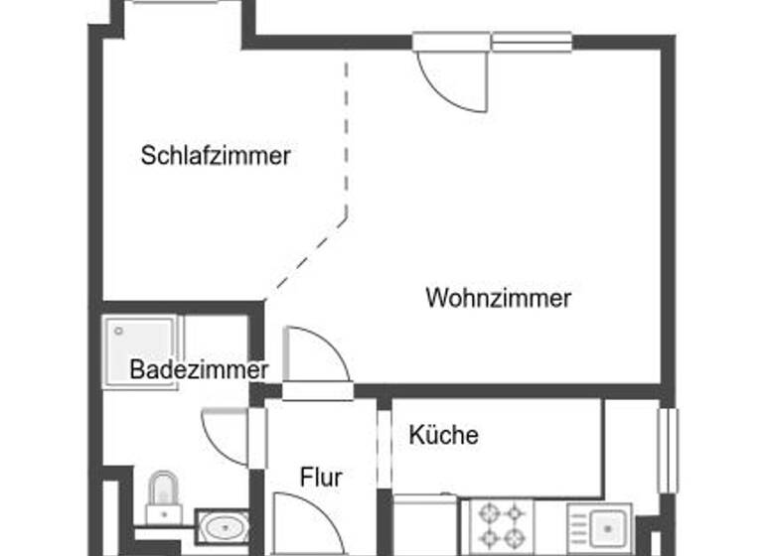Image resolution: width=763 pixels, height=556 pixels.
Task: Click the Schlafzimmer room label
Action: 216,156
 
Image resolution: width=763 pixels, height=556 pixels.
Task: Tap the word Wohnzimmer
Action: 498,298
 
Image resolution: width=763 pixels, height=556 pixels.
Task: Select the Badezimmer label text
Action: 199,370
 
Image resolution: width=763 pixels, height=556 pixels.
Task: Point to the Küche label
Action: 443,435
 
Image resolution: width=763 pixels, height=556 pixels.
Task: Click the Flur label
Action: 321,478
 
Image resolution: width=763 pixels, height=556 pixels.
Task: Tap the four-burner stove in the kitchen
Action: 501,524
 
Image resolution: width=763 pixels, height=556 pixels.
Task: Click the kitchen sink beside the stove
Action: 600,524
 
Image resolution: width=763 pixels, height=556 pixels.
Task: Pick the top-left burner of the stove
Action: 488,513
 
